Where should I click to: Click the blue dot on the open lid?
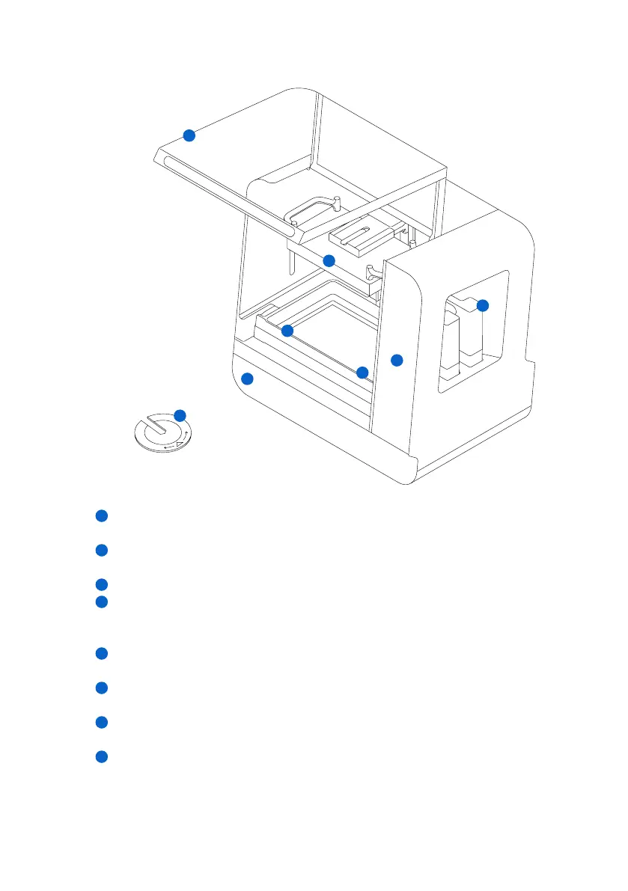coord(189,135)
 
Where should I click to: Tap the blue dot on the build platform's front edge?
coord(329,260)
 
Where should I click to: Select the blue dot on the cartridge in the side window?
coord(483,305)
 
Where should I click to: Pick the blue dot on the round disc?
coord(180,414)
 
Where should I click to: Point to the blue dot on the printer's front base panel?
coord(247,379)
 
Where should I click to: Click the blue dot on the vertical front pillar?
coord(397,360)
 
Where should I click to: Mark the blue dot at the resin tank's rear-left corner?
coord(287,331)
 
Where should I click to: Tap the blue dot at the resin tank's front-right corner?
coord(362,372)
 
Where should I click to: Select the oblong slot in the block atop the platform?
coord(359,233)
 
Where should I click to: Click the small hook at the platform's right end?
coord(372,270)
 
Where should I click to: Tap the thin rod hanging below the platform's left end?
coord(289,262)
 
